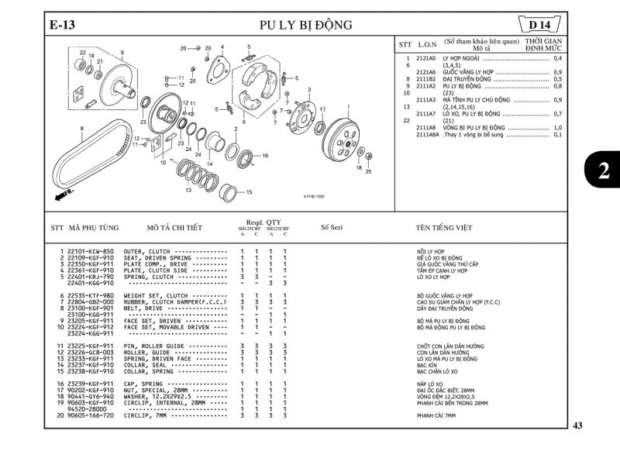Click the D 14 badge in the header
(x=543, y=26)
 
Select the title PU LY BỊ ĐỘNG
(x=305, y=26)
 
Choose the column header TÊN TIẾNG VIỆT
(x=444, y=228)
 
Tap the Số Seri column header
(x=331, y=228)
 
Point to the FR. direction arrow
(x=64, y=194)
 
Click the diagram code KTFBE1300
(x=314, y=196)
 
